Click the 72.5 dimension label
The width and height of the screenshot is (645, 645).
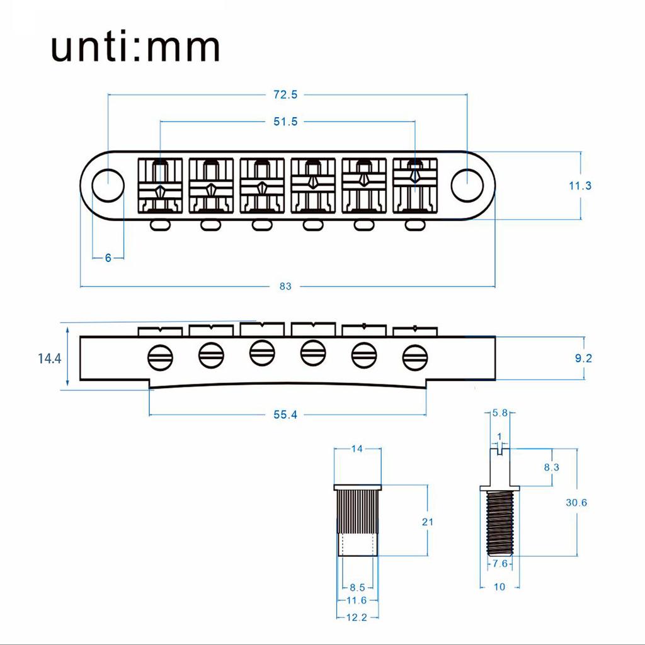(285, 95)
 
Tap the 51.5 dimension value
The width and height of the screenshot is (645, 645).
(285, 122)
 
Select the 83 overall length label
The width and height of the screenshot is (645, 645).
(285, 286)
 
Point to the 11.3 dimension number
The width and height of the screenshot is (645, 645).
(579, 186)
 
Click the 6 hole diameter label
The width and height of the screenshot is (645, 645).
(108, 258)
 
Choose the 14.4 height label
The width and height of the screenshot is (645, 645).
(49, 358)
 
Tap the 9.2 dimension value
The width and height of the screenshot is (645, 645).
(585, 358)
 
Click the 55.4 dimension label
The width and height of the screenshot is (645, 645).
(285, 414)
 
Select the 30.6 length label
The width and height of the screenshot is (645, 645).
(577, 503)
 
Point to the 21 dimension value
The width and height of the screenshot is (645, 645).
(428, 522)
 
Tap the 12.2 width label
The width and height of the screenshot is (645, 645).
(357, 618)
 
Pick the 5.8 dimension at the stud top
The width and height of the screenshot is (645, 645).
(501, 413)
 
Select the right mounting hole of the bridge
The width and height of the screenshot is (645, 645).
(466, 182)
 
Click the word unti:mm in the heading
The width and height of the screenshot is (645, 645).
(135, 47)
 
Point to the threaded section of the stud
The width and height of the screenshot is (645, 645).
(501, 522)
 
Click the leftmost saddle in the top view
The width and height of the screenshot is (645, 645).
(160, 185)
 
